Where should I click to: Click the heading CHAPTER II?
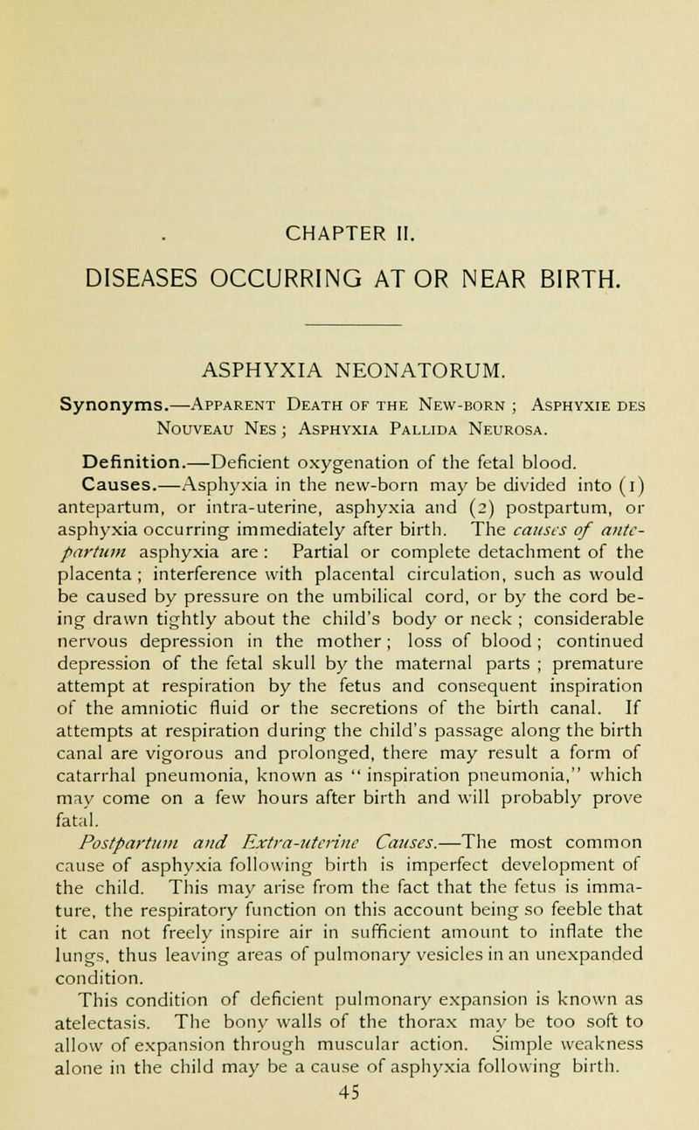349,138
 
